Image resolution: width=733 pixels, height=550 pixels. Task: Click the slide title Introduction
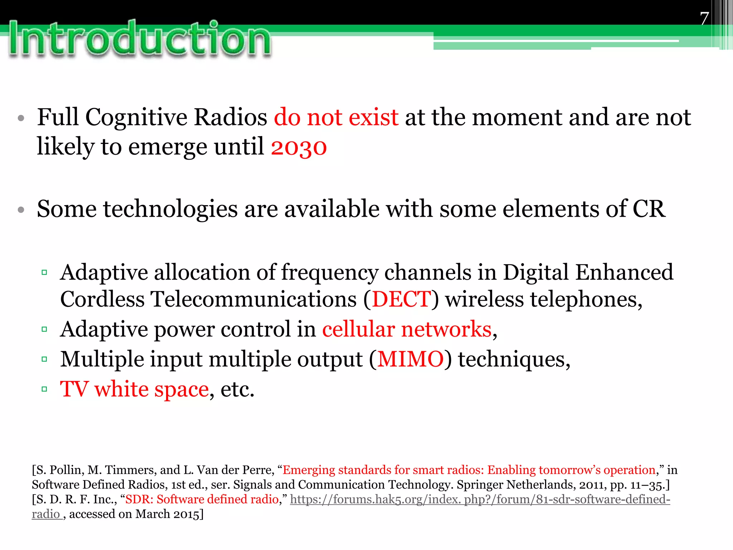click(140, 39)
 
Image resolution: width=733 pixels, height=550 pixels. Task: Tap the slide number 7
click(704, 18)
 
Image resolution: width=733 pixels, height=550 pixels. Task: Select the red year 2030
click(299, 147)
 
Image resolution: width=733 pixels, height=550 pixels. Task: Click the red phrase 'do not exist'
click(336, 117)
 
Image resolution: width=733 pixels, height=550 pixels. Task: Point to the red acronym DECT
click(401, 299)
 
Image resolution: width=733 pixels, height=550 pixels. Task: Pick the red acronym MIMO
click(411, 359)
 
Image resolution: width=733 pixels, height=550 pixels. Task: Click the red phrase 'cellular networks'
click(407, 329)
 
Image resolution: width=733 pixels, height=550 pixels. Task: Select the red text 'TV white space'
click(134, 389)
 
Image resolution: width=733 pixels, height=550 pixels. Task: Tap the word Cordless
click(102, 299)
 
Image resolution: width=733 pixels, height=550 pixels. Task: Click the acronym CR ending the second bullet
click(649, 209)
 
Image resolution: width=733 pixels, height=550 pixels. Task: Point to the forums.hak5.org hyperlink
click(480, 500)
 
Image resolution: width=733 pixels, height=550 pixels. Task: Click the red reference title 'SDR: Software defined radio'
click(202, 500)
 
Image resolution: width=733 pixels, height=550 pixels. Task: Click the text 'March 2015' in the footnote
click(167, 514)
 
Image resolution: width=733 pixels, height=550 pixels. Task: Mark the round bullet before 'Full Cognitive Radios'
click(21, 118)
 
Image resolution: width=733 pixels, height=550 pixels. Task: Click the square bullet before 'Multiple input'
click(44, 359)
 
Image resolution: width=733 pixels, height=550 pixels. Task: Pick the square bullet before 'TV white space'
click(44, 389)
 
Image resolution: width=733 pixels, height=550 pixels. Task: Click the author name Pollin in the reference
click(65, 470)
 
